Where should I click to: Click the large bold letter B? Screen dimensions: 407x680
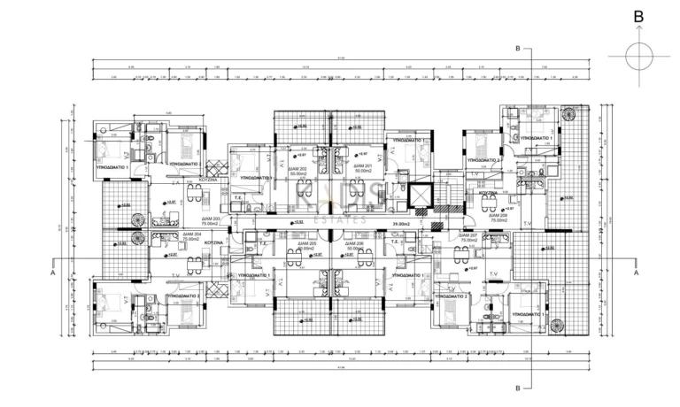(638, 15)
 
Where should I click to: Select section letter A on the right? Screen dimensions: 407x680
(636, 273)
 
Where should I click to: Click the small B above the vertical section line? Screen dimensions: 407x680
(518, 50)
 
